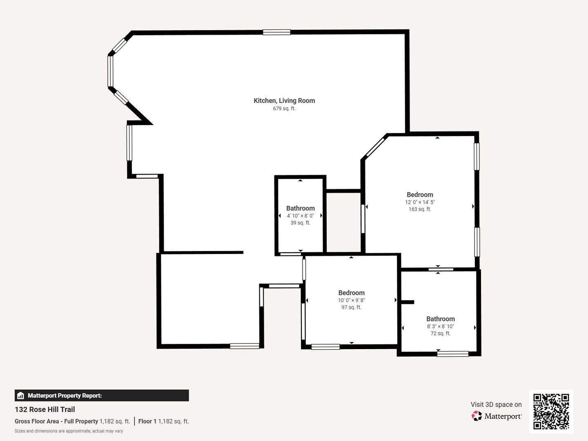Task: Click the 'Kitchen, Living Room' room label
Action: pyautogui.click(x=284, y=101)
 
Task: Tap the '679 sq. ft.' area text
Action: pyautogui.click(x=284, y=109)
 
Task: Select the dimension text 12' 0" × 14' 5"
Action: pyautogui.click(x=420, y=202)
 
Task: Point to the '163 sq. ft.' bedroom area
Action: pyautogui.click(x=420, y=209)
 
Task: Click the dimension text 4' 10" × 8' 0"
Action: pyautogui.click(x=300, y=216)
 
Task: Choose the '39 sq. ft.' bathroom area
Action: pyautogui.click(x=300, y=223)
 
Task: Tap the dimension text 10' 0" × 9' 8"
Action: pyautogui.click(x=351, y=300)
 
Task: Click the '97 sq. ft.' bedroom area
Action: pyautogui.click(x=351, y=307)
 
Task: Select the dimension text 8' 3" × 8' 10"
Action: pyautogui.click(x=441, y=326)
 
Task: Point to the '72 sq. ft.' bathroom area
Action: pyautogui.click(x=441, y=333)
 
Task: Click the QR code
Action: pyautogui.click(x=551, y=412)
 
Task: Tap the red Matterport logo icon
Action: pyautogui.click(x=476, y=416)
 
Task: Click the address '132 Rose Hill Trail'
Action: pyautogui.click(x=45, y=410)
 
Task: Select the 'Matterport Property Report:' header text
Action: pyautogui.click(x=65, y=396)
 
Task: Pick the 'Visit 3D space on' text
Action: pyautogui.click(x=496, y=405)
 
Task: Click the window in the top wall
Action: pyautogui.click(x=276, y=32)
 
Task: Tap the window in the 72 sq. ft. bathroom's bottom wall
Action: pyautogui.click(x=453, y=354)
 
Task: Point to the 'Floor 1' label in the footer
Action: pyautogui.click(x=147, y=421)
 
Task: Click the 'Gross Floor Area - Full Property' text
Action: pyautogui.click(x=56, y=421)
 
